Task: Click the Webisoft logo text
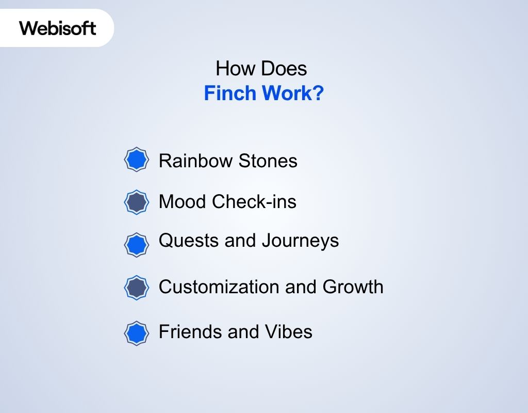click(x=58, y=28)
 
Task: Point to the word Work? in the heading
click(x=292, y=94)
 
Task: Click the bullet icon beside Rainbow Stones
click(x=137, y=160)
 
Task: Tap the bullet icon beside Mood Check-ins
click(x=137, y=201)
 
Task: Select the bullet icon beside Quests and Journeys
click(x=137, y=245)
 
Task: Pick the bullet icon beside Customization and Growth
click(x=137, y=287)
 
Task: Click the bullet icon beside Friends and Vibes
click(x=137, y=333)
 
